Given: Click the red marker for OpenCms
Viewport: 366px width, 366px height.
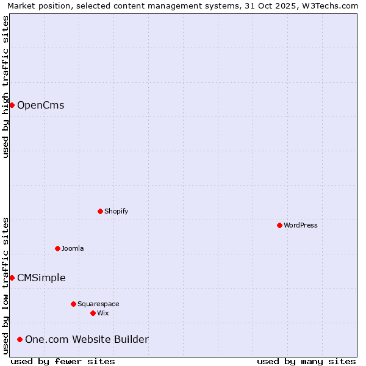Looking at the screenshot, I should [x=12, y=106].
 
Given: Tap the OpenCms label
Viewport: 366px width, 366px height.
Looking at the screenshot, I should [x=40, y=106].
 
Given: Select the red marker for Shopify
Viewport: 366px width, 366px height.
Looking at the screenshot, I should [x=101, y=211].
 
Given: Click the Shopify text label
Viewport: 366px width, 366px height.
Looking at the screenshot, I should [x=116, y=211].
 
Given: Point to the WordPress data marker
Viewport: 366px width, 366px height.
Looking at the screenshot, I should [x=279, y=225].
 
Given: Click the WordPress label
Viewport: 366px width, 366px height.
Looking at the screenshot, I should [x=300, y=225].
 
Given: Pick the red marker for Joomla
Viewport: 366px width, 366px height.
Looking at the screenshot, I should [x=58, y=248].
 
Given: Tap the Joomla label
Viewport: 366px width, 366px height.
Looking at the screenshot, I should [x=73, y=248].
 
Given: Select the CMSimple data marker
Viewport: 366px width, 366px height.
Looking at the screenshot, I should [x=12, y=278].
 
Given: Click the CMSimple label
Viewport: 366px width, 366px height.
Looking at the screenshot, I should [x=41, y=278].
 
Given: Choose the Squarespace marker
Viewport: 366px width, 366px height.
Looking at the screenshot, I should [x=74, y=304].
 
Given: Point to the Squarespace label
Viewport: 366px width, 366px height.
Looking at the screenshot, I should [x=98, y=304].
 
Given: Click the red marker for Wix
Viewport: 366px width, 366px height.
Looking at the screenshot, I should [x=93, y=313].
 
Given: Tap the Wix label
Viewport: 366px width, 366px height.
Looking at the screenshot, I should [x=103, y=313].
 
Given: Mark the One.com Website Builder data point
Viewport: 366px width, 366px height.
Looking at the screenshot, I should [x=20, y=339].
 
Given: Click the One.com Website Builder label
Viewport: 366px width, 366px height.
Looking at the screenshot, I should [x=87, y=339].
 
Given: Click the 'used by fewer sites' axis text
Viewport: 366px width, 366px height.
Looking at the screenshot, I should [x=63, y=361].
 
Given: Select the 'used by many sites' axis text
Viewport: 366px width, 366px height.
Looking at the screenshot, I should [x=306, y=361].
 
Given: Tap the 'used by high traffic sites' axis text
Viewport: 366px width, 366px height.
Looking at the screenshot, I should [x=5, y=87].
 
